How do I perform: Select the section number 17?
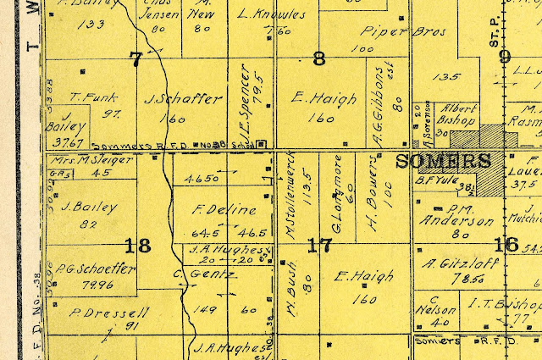pyautogui.click(x=318, y=246)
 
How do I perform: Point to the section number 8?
pyautogui.click(x=319, y=58)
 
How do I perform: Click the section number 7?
pyautogui.click(x=135, y=58)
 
